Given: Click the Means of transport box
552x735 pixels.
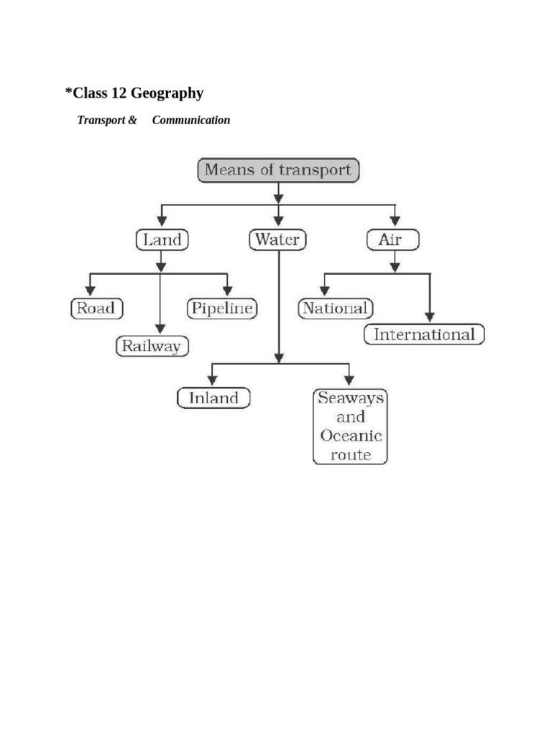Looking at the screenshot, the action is [x=278, y=170].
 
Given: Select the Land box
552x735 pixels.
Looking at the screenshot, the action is [x=162, y=240].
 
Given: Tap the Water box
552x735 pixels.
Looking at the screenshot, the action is [x=277, y=240].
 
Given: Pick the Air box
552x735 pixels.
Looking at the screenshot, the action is [x=393, y=240].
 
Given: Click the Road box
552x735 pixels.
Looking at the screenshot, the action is [x=97, y=309].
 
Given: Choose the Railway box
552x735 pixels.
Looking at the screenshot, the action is [x=152, y=347].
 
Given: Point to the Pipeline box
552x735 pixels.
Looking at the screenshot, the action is [x=222, y=309].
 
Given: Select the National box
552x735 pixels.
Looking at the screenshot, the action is [x=336, y=309].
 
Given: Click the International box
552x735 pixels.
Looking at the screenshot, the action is [x=424, y=334].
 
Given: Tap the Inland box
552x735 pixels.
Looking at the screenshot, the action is [x=213, y=398].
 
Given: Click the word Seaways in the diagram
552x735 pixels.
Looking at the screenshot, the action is [x=351, y=398].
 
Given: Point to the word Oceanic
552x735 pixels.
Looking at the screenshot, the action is [x=351, y=436].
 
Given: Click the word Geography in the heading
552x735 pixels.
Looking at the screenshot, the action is [x=167, y=93].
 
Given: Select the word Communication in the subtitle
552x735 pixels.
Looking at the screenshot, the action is [x=191, y=120].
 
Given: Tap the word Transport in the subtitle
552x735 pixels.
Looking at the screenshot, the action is [x=101, y=121].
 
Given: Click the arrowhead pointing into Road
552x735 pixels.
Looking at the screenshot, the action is [x=90, y=291].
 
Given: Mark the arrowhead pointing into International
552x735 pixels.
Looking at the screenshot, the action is [x=430, y=317].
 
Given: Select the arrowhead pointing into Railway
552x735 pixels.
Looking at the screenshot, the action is [x=160, y=328].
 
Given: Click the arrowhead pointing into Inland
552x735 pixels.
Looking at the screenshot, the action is [x=212, y=380].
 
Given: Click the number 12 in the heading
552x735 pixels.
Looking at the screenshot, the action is [x=119, y=93].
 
